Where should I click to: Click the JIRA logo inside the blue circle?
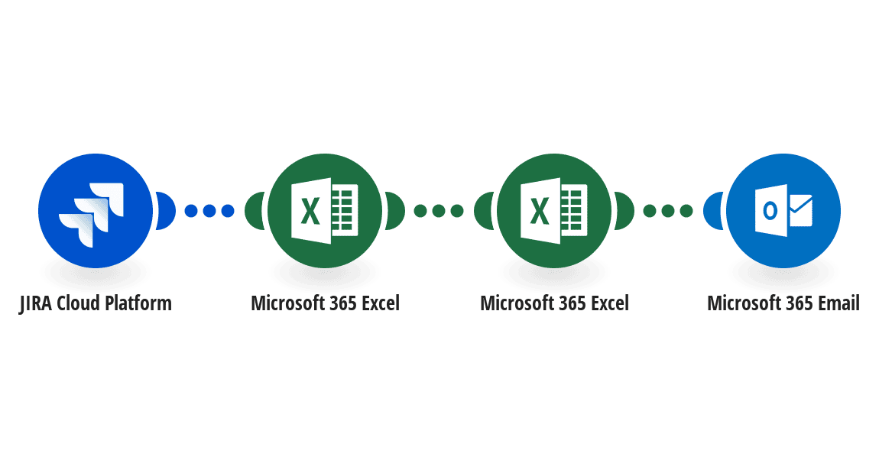pos(92,211)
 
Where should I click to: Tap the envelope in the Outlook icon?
pos(800,211)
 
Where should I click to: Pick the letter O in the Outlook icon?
pos(770,211)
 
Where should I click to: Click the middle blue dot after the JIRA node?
pos(209,211)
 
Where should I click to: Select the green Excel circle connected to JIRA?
pos(325,211)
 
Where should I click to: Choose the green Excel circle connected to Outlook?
pos(554,211)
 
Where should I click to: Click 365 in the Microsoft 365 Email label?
pos(798,303)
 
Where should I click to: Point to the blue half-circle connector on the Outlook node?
pos(713,211)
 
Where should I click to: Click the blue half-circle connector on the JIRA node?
pos(165,211)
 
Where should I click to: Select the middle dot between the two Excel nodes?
pos(439,211)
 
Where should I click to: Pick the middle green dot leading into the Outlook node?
pos(668,211)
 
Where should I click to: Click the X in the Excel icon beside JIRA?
pos(310,211)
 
